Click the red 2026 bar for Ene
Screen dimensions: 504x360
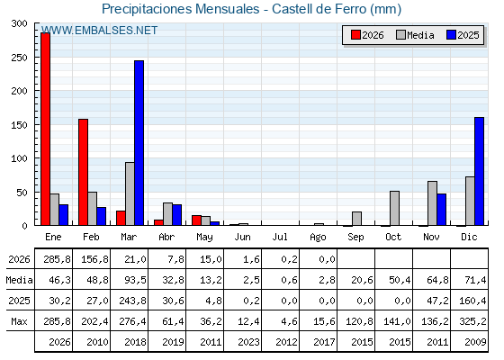(x=46, y=129)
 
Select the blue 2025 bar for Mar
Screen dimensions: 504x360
(x=139, y=143)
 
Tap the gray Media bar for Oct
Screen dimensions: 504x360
(x=395, y=208)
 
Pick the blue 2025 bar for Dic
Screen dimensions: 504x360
(x=479, y=171)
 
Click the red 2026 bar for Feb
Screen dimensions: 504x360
(x=83, y=172)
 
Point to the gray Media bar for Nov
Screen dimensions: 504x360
(x=432, y=203)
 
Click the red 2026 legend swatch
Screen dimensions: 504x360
(x=355, y=35)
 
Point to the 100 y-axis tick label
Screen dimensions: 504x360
(x=19, y=158)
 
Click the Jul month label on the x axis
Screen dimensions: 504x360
(x=280, y=237)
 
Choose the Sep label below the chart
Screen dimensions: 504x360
(x=355, y=238)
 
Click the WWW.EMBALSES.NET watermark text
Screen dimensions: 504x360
(x=100, y=31)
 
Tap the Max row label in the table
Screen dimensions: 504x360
(x=19, y=321)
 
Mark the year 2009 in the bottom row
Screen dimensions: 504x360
(x=475, y=342)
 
